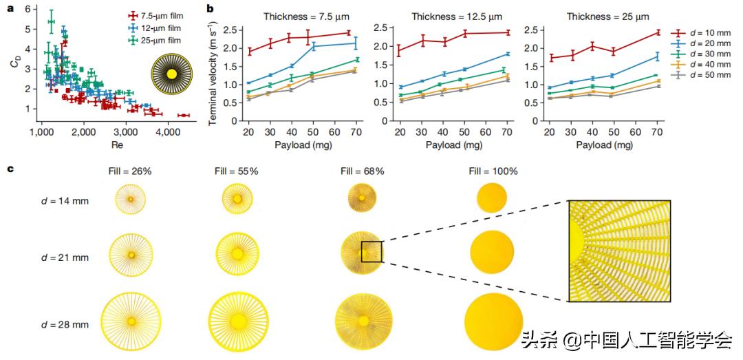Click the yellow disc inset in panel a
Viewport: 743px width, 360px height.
click(171, 74)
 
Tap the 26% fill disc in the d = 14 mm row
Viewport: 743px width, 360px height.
click(130, 200)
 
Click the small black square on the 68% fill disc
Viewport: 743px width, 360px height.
click(371, 252)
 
